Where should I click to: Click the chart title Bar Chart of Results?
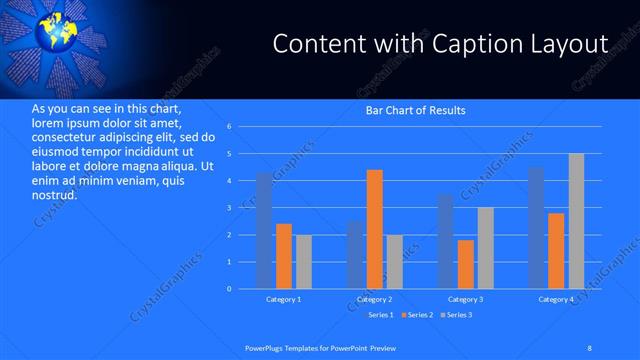click(415, 110)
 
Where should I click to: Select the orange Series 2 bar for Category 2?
click(374, 229)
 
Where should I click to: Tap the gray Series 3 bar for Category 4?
click(576, 221)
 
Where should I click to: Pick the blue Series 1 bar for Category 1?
click(263, 231)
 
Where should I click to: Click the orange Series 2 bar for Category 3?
click(465, 264)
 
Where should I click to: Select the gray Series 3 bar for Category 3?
click(485, 248)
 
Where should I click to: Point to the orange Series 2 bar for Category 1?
click(284, 256)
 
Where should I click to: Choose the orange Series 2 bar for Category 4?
click(556, 251)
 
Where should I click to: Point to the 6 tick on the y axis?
click(229, 127)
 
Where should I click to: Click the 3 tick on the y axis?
click(229, 208)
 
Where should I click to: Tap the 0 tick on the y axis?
click(229, 289)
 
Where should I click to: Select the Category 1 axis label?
click(284, 300)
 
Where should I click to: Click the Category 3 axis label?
click(465, 300)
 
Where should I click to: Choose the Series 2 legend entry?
click(419, 316)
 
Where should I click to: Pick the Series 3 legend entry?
click(457, 316)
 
